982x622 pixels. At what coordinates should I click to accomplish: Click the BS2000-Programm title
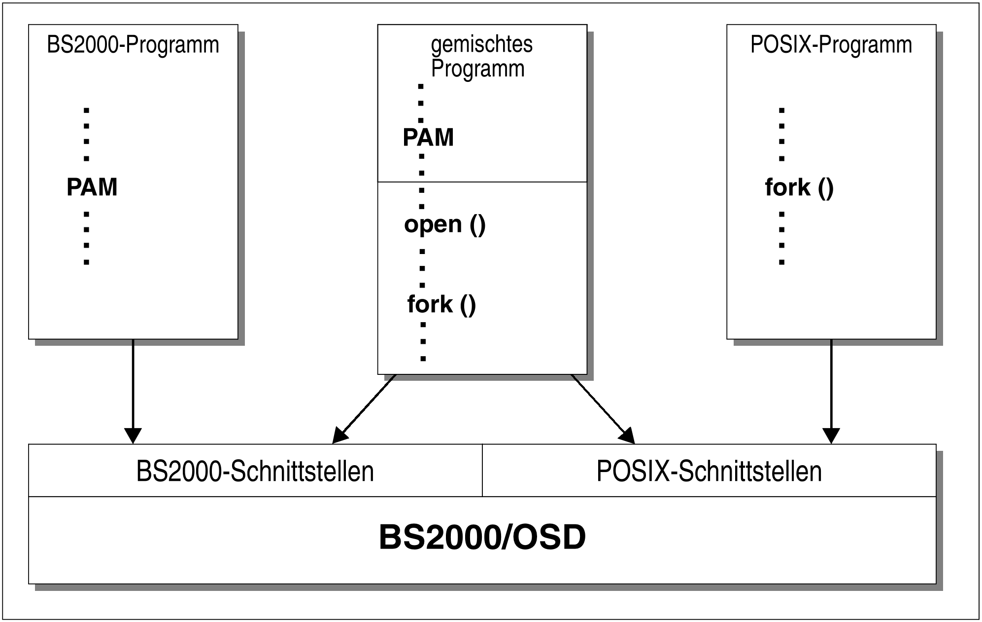(133, 45)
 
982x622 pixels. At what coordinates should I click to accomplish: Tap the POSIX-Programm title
(831, 45)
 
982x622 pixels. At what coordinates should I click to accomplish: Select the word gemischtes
(481, 44)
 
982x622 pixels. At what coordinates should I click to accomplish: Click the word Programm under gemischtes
(477, 68)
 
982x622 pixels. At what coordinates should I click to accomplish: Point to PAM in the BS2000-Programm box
(92, 187)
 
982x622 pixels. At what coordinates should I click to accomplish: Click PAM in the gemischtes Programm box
(428, 137)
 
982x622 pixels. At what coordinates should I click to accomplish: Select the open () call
(444, 224)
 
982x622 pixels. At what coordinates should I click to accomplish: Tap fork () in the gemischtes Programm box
(441, 304)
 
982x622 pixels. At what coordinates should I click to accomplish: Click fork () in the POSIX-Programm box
(799, 187)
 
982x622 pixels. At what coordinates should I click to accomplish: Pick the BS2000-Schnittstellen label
(255, 471)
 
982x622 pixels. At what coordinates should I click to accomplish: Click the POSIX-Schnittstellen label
(709, 471)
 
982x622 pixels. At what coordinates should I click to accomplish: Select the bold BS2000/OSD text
(482, 537)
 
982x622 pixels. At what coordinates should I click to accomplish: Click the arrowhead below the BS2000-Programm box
(133, 436)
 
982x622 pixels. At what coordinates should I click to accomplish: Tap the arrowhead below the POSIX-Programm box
(831, 436)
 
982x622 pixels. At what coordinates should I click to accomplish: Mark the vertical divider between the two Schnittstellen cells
(482, 470)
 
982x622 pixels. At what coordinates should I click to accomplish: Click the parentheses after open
(477, 225)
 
